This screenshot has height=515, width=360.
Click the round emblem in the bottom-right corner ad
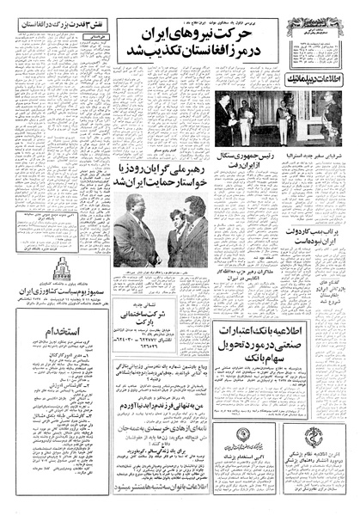(x=327, y=455)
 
